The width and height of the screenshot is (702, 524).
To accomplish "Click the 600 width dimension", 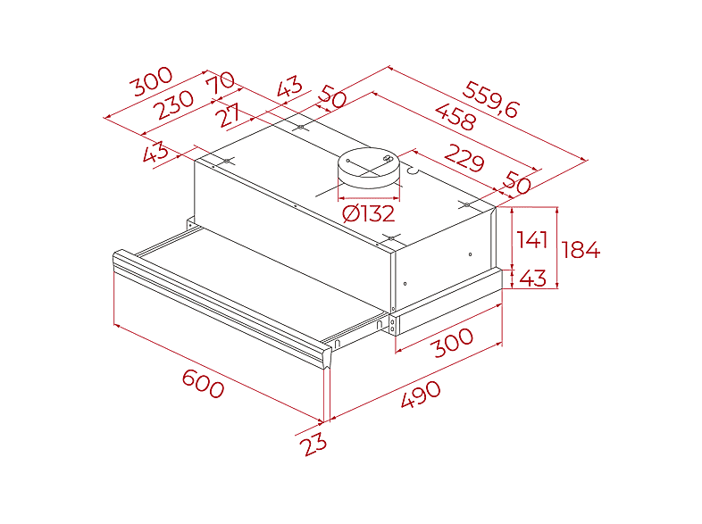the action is (x=203, y=384).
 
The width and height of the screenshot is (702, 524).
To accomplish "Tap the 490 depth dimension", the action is (x=421, y=394).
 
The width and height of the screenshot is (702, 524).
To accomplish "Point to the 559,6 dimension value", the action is (x=490, y=99).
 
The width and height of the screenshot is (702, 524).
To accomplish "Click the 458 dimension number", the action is (x=455, y=117).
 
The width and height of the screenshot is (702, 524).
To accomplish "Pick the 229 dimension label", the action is (x=464, y=157).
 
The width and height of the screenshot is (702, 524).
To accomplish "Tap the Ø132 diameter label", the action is (x=369, y=213).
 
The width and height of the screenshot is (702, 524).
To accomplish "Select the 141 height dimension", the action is (x=531, y=240).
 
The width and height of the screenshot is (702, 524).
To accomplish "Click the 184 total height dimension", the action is (x=581, y=250).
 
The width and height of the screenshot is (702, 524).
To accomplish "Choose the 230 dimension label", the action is (x=173, y=104).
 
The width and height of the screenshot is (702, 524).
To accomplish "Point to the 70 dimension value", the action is (x=221, y=82).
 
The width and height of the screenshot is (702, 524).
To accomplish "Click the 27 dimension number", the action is (x=229, y=115).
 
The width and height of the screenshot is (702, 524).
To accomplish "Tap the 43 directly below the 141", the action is (x=533, y=278).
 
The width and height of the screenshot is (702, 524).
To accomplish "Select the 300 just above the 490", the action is (x=454, y=342).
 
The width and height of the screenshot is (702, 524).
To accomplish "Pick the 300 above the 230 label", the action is (x=151, y=81).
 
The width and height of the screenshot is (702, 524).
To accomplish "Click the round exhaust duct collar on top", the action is (x=369, y=168).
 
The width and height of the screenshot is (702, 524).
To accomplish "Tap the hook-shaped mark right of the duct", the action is (x=413, y=171).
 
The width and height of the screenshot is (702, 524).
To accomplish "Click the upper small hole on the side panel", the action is (x=470, y=254).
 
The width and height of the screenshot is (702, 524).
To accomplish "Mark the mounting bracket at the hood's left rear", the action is (x=191, y=223).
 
